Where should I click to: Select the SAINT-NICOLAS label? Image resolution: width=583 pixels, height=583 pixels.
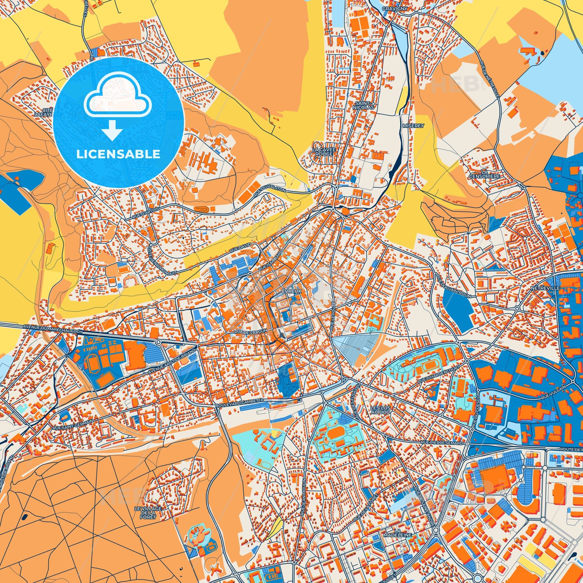pyautogui.click(x=365, y=105)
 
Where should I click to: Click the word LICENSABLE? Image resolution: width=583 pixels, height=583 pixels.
pyautogui.click(x=118, y=154)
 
